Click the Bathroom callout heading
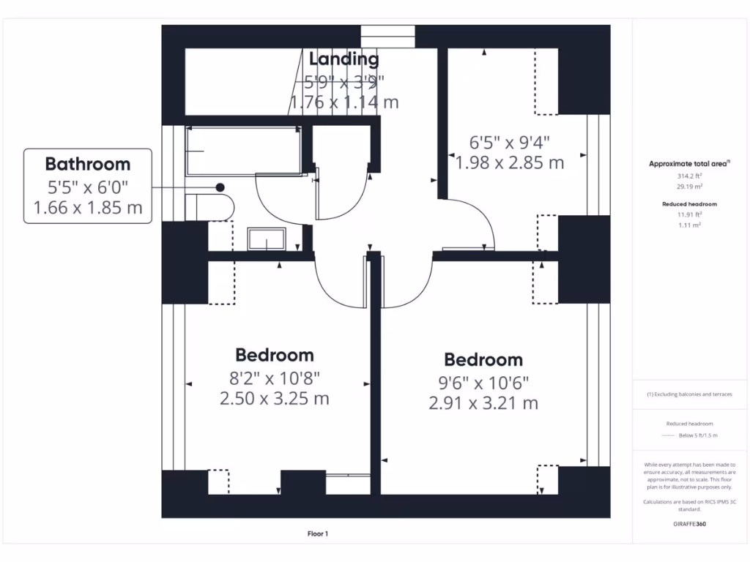coord(88,164)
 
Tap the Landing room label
coord(344,59)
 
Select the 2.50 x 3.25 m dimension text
coord(274,399)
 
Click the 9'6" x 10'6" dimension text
coord(483,382)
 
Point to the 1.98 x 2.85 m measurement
coord(510,162)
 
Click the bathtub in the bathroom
coord(243,150)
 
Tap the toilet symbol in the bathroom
coord(208,206)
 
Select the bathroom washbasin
coord(267,239)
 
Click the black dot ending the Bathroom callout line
coord(220,187)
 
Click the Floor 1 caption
coord(317,534)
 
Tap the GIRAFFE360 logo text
coord(690,524)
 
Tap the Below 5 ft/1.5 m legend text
coord(698,435)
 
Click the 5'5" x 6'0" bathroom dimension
coord(88,187)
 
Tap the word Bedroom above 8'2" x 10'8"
coord(274,355)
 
